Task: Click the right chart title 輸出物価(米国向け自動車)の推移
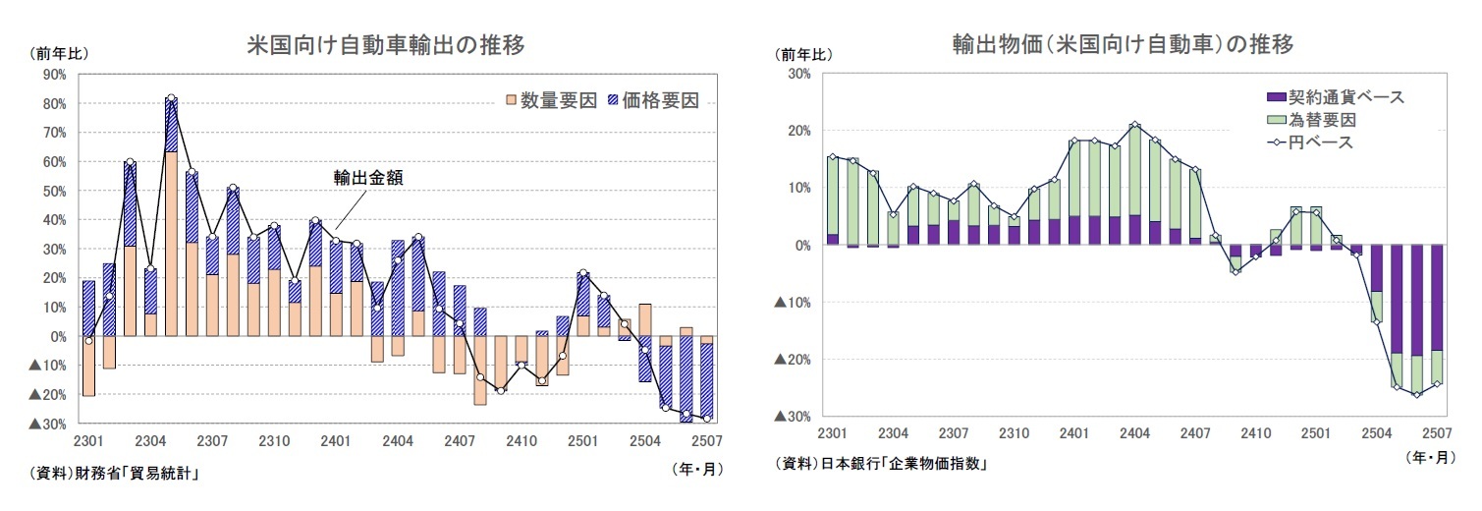[1123, 45]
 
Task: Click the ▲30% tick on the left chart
[48, 424]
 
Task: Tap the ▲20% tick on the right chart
[792, 360]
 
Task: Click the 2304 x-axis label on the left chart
[149, 441]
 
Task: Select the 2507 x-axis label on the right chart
[1437, 433]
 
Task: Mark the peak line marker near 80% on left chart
[171, 98]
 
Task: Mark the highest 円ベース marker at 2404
[1135, 125]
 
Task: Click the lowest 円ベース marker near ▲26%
[1416, 395]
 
